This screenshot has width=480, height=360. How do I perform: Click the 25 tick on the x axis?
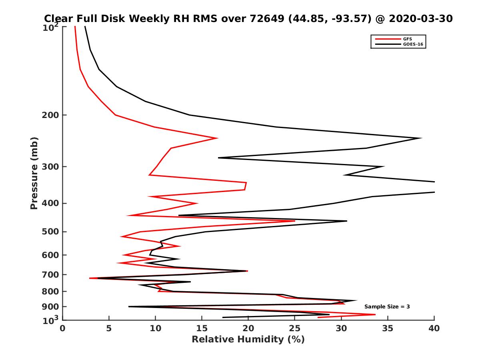[x=295, y=328]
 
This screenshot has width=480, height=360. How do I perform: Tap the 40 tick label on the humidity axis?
[x=434, y=328]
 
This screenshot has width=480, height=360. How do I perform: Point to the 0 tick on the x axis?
[x=63, y=328]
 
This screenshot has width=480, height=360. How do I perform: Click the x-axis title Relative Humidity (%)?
[x=248, y=340]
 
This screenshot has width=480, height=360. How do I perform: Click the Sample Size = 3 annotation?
[x=387, y=307]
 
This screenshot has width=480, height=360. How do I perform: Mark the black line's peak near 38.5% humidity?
[x=421, y=138]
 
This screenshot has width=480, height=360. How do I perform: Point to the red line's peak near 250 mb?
[x=217, y=138]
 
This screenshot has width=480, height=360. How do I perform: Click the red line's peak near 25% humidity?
[x=295, y=221]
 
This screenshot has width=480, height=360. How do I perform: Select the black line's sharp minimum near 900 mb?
[x=129, y=307]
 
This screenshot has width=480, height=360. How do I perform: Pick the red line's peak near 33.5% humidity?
[x=375, y=314]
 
